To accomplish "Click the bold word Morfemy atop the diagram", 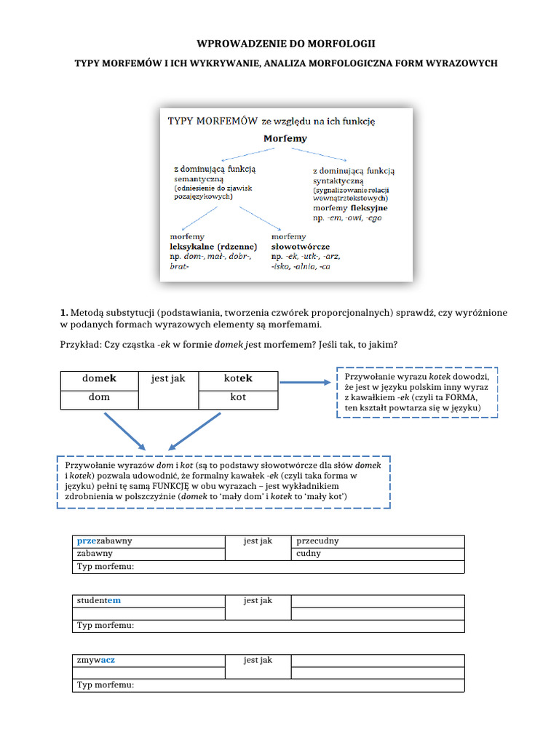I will (285, 138).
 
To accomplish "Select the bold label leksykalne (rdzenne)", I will (213, 247).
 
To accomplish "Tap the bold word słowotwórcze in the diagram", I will (301, 247).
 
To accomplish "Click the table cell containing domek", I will (99, 379).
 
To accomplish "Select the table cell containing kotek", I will (238, 379).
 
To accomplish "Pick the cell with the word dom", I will (99, 398).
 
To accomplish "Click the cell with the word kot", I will (238, 398).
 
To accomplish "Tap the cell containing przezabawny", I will (148, 541).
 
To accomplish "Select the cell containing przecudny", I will (377, 541).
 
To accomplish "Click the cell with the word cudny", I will (377, 554).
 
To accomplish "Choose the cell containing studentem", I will (148, 600).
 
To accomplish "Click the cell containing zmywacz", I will (148, 660).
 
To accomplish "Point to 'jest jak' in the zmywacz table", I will (258, 660).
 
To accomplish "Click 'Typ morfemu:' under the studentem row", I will (106, 626).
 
